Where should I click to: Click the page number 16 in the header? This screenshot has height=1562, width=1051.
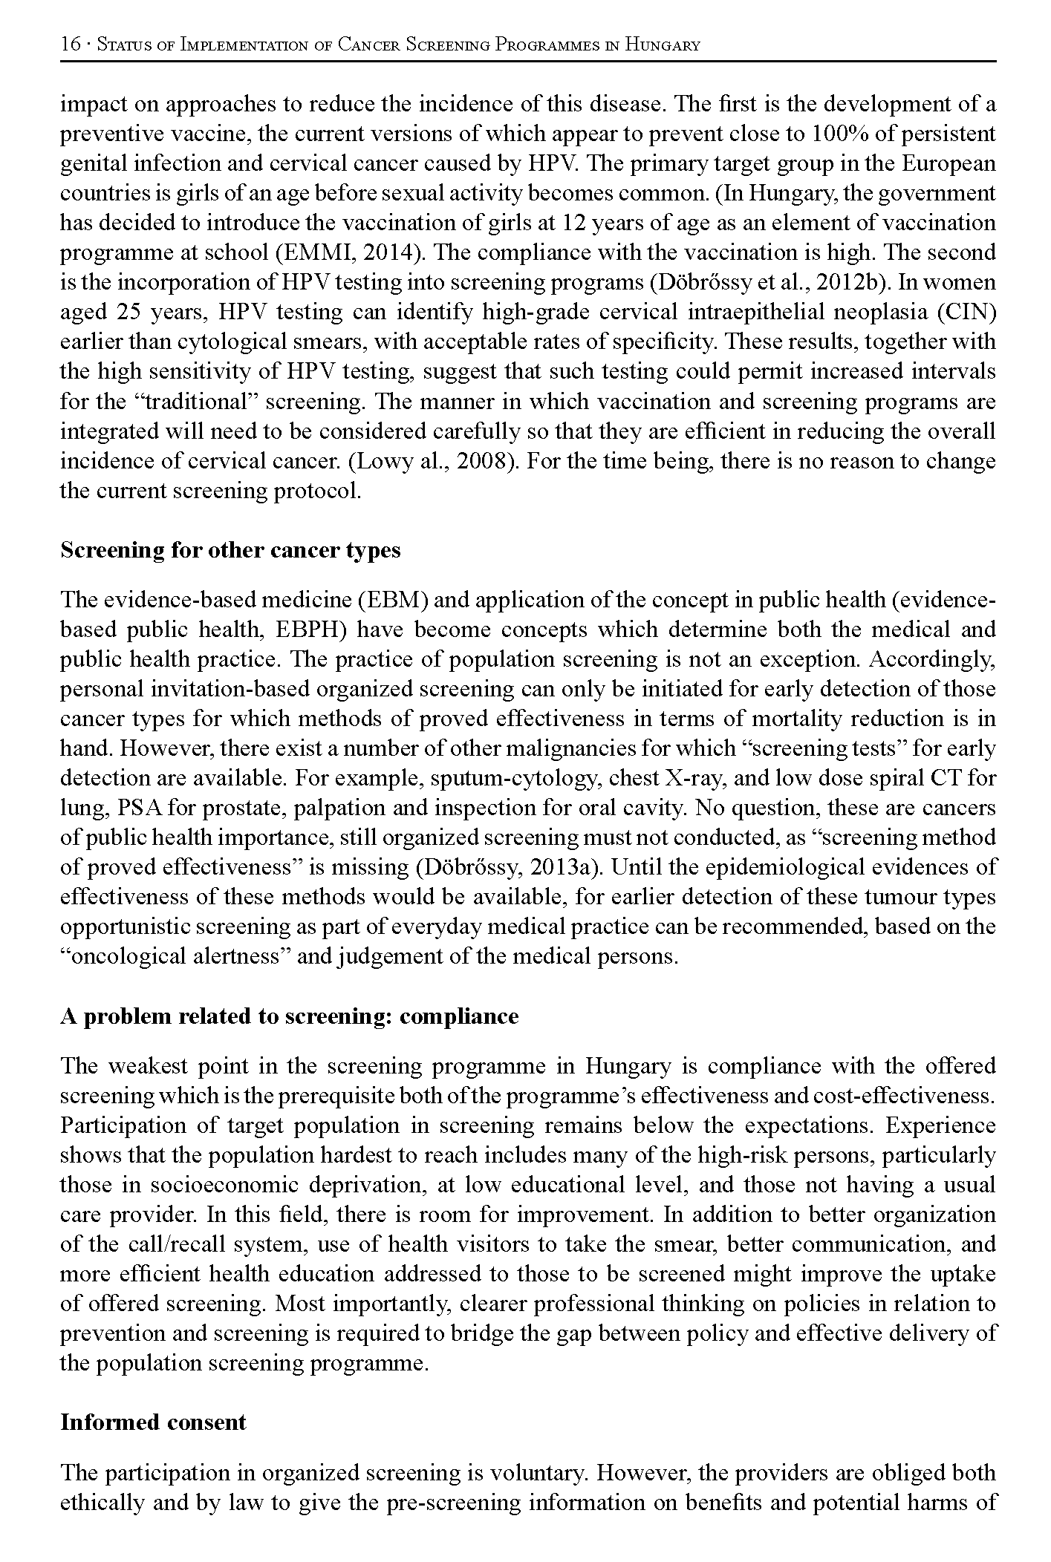71,45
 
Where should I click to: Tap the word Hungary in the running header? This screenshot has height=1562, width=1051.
663,45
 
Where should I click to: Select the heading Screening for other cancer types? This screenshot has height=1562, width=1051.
230,550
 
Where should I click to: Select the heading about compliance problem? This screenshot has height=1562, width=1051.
289,1016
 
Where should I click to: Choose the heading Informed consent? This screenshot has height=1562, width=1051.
153,1422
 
